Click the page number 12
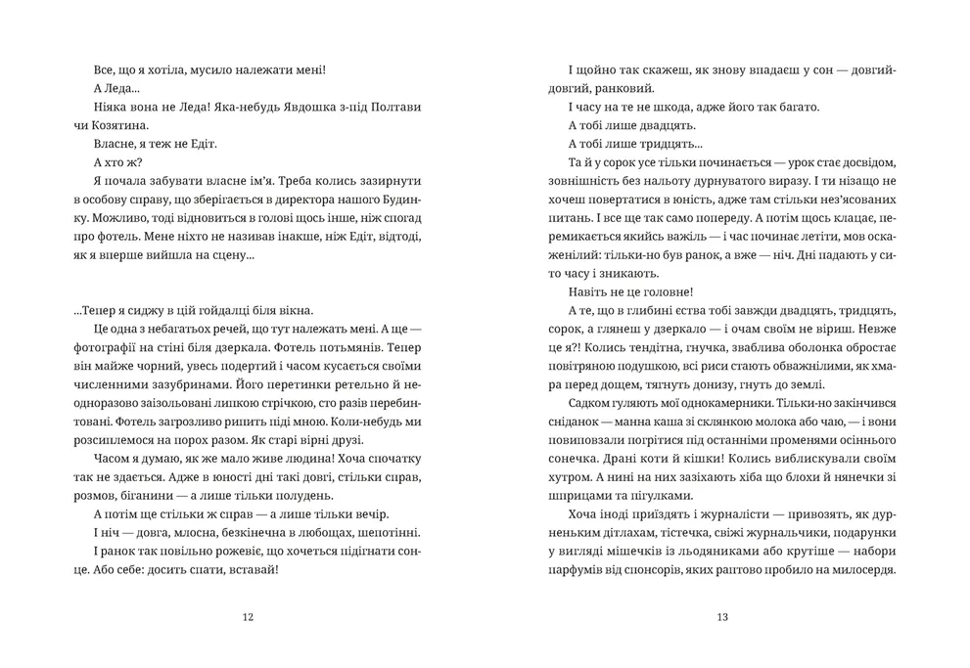247,616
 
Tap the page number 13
722,616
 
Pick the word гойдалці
227,311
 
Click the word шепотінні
388,532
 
